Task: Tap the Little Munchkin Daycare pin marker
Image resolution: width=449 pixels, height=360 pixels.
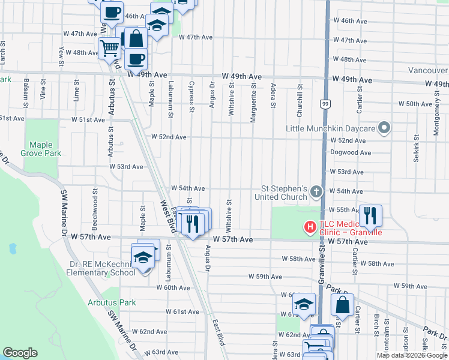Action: pos(385,128)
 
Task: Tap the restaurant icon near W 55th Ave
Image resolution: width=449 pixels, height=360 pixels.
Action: pos(369,214)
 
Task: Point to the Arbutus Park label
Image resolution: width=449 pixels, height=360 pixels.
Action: pos(112,302)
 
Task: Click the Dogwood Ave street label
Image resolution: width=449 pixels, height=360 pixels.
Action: pos(351,152)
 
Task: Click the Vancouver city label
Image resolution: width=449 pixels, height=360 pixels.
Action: pos(428,70)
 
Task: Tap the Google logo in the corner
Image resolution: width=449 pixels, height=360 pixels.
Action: pos(20,353)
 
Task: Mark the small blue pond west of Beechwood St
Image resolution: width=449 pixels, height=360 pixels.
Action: pos(12,247)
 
